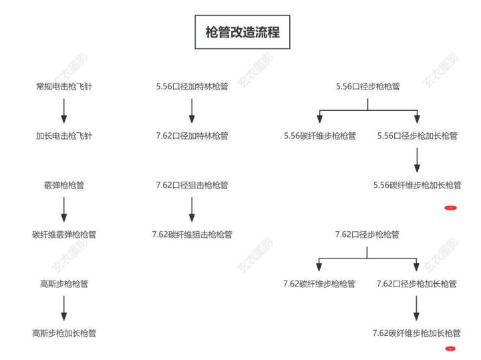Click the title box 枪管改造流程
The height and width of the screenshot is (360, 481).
coord(243,32)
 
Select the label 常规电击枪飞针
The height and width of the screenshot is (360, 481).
coord(64,86)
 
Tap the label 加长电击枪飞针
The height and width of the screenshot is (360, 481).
coord(64,136)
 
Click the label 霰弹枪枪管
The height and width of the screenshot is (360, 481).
coord(64,185)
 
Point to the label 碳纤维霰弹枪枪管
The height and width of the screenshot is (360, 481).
coord(64,234)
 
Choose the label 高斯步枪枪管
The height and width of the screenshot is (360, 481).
coord(64,284)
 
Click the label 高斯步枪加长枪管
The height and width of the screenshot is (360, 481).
coord(64,333)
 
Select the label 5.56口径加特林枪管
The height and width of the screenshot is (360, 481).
coord(192,86)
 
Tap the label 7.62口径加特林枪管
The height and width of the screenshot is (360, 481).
coord(192,136)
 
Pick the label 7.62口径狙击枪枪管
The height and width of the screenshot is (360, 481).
coord(192,185)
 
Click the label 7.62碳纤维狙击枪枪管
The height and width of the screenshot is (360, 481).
coord(192,234)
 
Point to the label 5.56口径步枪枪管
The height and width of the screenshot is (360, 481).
coord(368,86)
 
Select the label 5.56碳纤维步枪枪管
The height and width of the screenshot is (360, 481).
coord(319,136)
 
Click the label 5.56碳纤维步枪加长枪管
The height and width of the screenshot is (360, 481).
coord(417,185)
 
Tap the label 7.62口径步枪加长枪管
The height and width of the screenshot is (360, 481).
coord(417,284)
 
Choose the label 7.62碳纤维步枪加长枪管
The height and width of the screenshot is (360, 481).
coord(417,333)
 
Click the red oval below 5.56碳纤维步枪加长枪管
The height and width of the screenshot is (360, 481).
coord(451,208)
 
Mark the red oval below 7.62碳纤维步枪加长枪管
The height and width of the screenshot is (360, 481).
coord(450,349)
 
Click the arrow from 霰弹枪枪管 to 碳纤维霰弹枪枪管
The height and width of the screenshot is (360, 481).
coord(64,210)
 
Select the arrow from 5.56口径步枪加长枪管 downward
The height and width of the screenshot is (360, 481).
coord(417,160)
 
